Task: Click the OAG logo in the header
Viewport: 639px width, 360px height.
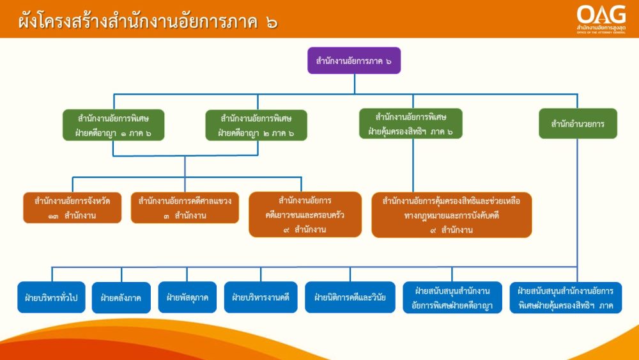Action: pos(601,19)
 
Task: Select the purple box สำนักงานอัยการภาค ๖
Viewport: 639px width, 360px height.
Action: pos(354,60)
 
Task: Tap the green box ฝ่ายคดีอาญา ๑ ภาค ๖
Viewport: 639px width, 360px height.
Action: pos(113,125)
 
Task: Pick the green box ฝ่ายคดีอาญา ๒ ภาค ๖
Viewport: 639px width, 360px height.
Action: pos(256,125)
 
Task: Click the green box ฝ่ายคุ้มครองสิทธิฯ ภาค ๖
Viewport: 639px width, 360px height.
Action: pos(411,123)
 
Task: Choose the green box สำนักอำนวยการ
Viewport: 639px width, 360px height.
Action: pos(578,123)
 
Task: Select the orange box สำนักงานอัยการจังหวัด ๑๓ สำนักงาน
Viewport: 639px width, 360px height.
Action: pos(72,208)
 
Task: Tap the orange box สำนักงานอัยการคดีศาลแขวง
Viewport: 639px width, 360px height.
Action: pos(185,208)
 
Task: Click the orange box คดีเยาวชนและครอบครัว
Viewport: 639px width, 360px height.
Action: pos(305,214)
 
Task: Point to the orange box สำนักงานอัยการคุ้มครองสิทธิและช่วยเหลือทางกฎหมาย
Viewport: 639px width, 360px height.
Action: pos(452,215)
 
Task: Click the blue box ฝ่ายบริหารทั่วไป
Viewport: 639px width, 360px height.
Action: pos(51,297)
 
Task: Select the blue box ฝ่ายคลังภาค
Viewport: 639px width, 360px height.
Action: pos(121,297)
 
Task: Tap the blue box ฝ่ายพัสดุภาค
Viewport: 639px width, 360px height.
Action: pos(187,297)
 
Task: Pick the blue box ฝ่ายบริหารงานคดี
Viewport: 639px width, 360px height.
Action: pos(261,297)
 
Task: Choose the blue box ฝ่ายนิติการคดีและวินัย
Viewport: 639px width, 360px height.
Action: pos(350,297)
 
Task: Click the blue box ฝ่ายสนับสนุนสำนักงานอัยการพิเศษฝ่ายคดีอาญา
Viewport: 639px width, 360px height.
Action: pos(452,297)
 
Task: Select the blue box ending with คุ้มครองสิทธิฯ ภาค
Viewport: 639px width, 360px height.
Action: pos(566,298)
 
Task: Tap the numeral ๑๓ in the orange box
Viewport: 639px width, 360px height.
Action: pos(54,216)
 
